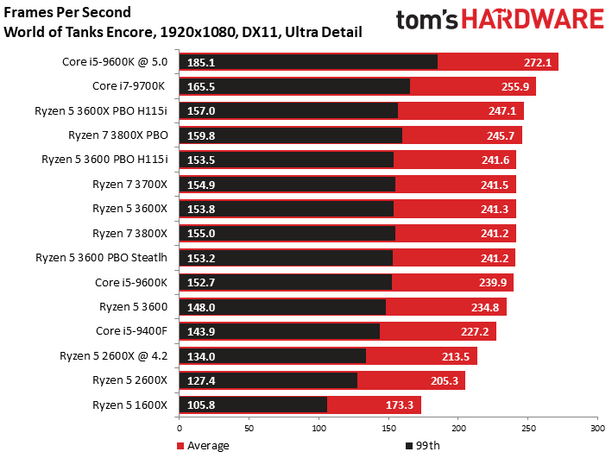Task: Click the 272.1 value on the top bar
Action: (538, 62)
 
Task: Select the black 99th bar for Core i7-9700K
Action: (294, 86)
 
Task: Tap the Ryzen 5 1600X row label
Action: (129, 405)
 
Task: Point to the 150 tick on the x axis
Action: (388, 429)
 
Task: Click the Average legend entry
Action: (203, 446)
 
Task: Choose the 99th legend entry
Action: (423, 446)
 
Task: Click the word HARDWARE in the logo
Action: (533, 19)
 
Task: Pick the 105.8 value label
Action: (201, 405)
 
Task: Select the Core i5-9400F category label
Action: (131, 331)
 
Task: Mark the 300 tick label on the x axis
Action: (597, 429)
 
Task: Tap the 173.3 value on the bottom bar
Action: (400, 405)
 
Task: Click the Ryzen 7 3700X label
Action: (129, 184)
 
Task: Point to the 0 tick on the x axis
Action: (180, 429)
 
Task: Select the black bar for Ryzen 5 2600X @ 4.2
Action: (273, 356)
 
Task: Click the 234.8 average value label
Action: (485, 307)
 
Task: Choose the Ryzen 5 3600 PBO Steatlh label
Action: (102, 258)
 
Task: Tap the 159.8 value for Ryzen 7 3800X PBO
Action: (201, 135)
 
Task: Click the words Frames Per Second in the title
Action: (67, 12)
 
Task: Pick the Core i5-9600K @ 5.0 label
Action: (115, 62)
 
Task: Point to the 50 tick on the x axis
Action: (249, 429)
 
